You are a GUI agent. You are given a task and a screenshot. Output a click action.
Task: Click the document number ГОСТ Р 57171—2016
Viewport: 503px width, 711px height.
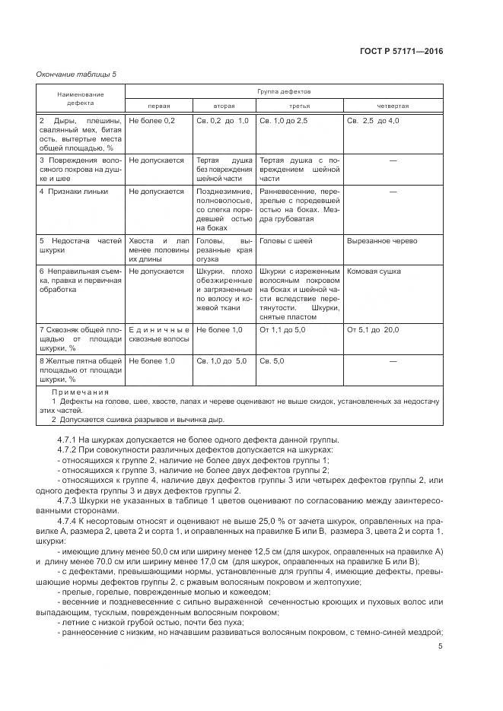(x=402, y=52)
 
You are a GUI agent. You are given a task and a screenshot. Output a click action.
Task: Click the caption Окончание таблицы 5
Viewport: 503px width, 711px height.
(x=76, y=74)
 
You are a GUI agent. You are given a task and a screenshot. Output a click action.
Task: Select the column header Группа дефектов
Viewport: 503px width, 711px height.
(x=284, y=91)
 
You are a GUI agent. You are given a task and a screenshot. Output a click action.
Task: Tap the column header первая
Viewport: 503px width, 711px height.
(x=158, y=106)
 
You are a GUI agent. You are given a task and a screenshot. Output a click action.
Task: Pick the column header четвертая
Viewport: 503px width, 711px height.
(x=393, y=106)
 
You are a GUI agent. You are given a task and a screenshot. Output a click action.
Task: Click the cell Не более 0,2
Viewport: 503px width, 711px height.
(x=152, y=121)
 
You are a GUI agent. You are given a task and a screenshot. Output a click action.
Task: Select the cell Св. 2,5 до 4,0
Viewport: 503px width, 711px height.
(x=373, y=121)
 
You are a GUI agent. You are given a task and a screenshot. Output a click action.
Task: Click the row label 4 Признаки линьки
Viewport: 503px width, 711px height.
(x=74, y=191)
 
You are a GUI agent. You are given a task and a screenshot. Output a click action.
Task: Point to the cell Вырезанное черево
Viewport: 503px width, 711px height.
(x=382, y=241)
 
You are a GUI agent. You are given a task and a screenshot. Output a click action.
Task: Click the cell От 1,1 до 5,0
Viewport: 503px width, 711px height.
(x=284, y=329)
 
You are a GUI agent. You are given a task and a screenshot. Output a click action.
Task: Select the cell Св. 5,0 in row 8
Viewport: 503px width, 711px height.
(x=272, y=360)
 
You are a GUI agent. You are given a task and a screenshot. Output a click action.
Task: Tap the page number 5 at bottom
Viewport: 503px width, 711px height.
(x=441, y=646)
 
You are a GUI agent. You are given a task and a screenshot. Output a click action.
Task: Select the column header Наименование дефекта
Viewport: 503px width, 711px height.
(x=80, y=97)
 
